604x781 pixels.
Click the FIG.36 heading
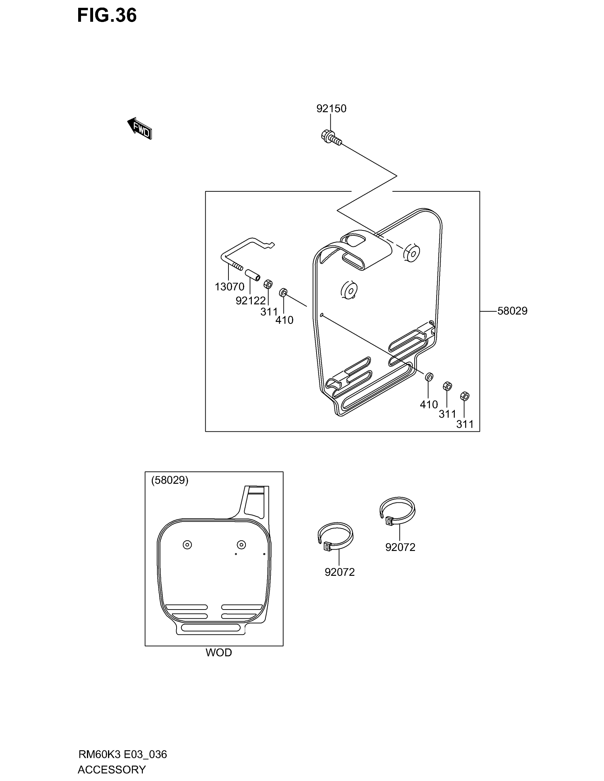click(x=107, y=15)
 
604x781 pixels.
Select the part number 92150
click(x=331, y=108)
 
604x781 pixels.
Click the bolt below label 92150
click(x=331, y=138)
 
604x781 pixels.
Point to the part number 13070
click(x=230, y=286)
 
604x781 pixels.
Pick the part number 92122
click(x=250, y=301)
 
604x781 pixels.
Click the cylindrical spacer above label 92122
click(x=253, y=276)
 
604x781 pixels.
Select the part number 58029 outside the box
click(x=512, y=311)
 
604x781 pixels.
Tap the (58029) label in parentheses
click(x=169, y=480)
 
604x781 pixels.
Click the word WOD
click(x=219, y=652)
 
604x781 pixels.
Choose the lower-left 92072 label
click(x=339, y=572)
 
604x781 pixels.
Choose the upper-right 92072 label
click(x=400, y=547)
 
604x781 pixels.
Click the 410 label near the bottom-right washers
click(x=428, y=404)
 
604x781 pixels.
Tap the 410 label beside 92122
click(x=284, y=320)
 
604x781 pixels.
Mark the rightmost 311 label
click(x=465, y=424)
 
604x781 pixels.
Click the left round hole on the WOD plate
click(x=187, y=545)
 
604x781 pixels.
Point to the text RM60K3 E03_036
click(x=122, y=754)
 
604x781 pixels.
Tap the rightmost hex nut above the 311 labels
click(x=464, y=396)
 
